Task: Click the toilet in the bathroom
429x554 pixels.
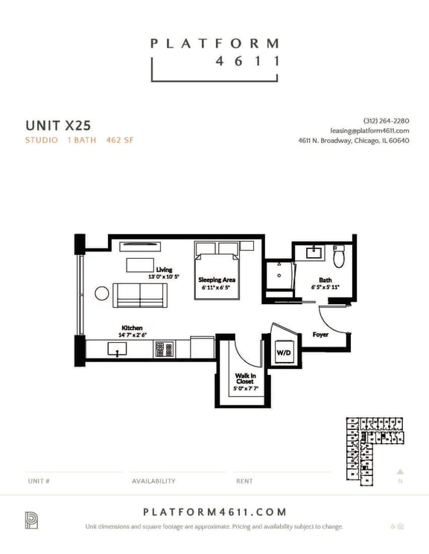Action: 339,257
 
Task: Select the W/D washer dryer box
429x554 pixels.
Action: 283,352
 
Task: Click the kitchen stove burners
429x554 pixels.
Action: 164,349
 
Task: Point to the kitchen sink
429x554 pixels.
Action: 117,349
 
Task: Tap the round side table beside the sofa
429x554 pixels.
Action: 102,293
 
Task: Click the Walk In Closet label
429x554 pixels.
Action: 244,379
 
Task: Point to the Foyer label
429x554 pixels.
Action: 320,335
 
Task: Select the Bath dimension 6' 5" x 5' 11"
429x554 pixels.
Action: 325,287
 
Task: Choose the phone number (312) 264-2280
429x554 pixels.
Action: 386,120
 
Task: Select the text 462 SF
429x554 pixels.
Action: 120,140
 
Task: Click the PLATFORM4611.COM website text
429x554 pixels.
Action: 214,512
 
